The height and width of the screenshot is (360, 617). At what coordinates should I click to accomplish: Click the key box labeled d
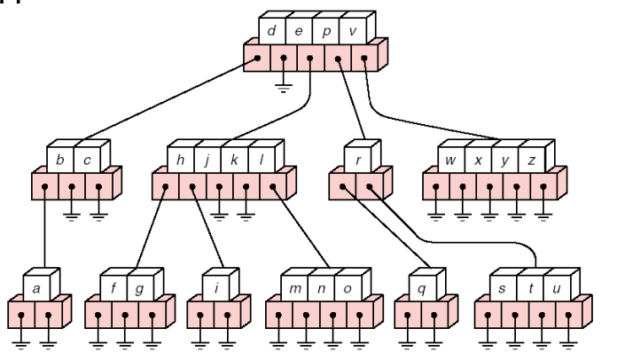(270, 32)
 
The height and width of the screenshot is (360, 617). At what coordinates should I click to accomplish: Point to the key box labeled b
(59, 160)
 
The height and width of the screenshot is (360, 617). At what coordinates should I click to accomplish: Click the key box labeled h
(180, 160)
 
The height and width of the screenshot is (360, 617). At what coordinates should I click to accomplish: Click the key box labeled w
(451, 160)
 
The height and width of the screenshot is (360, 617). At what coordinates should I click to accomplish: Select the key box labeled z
(531, 160)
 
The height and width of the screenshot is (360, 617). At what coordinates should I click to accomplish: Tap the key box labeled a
(35, 290)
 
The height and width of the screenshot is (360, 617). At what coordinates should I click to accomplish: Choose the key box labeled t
(528, 290)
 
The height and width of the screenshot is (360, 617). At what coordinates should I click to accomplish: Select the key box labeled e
(297, 32)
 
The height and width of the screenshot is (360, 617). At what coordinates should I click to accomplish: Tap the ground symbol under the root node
(284, 86)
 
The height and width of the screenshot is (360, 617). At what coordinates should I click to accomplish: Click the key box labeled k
(234, 160)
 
